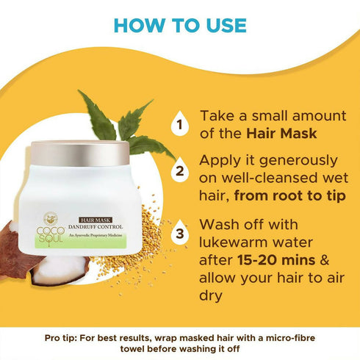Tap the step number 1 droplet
point(178,123)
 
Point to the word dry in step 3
point(212,294)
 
